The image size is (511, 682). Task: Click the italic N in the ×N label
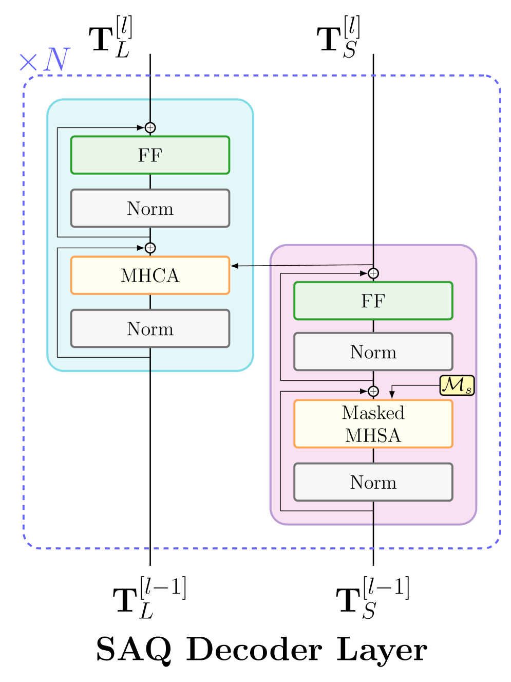point(57,60)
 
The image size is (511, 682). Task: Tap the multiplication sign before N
point(28,63)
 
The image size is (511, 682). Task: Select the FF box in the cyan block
point(150,155)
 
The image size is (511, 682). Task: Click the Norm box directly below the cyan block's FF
point(150,208)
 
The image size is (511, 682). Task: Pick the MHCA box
point(150,275)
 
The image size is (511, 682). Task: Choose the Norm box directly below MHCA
point(150,328)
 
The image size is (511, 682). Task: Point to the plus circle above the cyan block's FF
point(150,128)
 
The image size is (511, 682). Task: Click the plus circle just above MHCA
point(150,248)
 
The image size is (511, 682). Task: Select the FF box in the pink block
point(373,301)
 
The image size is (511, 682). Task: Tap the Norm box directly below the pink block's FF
point(373,352)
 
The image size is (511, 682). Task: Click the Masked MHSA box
point(373,424)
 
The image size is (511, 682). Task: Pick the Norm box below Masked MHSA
point(373,482)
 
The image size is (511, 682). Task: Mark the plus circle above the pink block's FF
point(373,273)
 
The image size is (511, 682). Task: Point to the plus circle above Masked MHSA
point(373,392)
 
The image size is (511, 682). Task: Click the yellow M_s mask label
point(457,385)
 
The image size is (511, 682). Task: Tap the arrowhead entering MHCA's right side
point(235,266)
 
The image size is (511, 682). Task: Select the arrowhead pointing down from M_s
point(392,395)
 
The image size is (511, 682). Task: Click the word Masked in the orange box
point(373,413)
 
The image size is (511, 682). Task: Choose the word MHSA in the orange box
point(373,435)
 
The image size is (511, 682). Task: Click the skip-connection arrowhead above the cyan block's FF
point(140,128)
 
